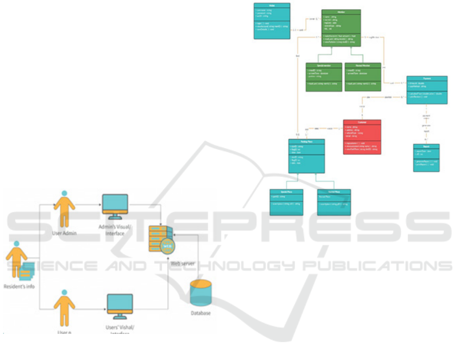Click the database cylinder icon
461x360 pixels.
(201, 293)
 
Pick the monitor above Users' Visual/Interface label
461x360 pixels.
(119, 304)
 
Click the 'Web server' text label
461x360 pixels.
(183, 263)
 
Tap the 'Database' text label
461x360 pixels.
(201, 313)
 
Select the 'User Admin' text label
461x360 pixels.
(64, 232)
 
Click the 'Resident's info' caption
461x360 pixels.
(19, 286)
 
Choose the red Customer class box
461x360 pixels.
(362, 137)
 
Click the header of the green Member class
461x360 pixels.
(341, 12)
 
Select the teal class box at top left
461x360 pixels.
(272, 21)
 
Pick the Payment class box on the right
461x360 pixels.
(427, 90)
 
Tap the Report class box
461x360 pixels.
(426, 158)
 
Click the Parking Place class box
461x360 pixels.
(306, 156)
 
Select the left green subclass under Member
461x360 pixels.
(323, 77)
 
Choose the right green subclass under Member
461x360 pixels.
(363, 77)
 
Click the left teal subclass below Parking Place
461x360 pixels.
(287, 202)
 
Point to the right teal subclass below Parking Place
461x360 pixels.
(334, 202)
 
